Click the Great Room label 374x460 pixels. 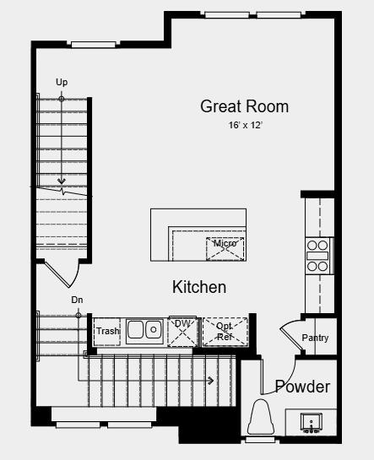[x=244, y=106]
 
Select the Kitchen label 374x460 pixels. [x=199, y=287]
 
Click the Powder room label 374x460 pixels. [x=302, y=387]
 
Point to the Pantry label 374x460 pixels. [x=315, y=338]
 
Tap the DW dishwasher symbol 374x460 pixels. [x=182, y=331]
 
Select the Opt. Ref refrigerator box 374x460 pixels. [x=225, y=332]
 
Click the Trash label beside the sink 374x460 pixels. [x=107, y=332]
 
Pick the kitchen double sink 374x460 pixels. [x=145, y=330]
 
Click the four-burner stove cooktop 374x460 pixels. [x=317, y=255]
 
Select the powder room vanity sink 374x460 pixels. [x=310, y=421]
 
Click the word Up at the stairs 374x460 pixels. [x=61, y=82]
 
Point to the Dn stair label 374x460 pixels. [x=77, y=300]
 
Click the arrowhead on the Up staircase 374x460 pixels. [x=62, y=181]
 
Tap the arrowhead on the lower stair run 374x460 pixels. [x=209, y=381]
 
